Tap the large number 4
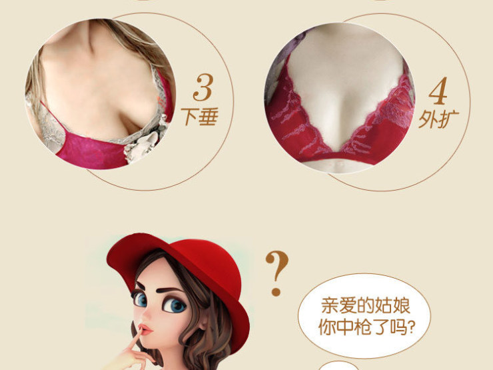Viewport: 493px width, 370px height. coord(437,93)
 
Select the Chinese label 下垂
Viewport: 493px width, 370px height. coord(200,118)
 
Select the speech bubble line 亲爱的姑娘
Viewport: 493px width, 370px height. coord(366,307)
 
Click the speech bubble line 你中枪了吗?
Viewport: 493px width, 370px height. coord(366,328)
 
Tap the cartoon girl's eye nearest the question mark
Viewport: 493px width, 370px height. coord(176,305)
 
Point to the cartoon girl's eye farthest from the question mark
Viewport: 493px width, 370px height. coord(141,300)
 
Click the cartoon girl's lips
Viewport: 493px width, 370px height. coord(145,332)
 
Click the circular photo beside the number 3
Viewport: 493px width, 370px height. coord(100,93)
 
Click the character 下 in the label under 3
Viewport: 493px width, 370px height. coord(191,118)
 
